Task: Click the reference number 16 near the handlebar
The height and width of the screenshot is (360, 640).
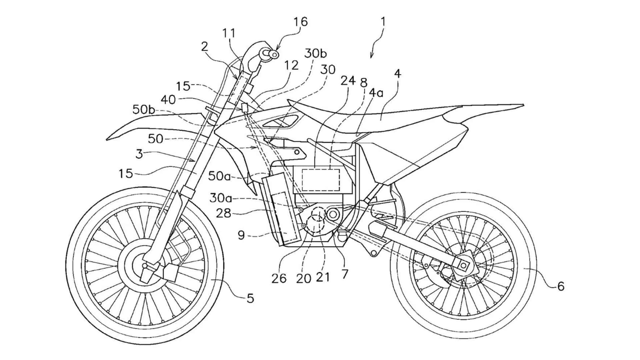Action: tap(300, 22)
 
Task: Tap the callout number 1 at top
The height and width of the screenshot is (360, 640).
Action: tap(383, 22)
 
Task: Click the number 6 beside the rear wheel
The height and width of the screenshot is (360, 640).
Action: tap(561, 286)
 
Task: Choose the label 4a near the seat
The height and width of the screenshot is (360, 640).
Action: tap(376, 93)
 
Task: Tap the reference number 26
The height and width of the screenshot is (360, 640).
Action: tap(279, 278)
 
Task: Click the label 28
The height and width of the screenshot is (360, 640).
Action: tap(223, 213)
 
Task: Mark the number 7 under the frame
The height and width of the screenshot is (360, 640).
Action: tap(345, 274)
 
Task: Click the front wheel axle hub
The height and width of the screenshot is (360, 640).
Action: tap(145, 266)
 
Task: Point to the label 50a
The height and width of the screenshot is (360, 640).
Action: tap(219, 176)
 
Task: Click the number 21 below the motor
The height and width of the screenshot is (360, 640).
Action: tap(323, 277)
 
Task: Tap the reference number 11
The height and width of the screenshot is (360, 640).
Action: tap(229, 33)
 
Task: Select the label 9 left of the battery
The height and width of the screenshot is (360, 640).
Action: tap(241, 235)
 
